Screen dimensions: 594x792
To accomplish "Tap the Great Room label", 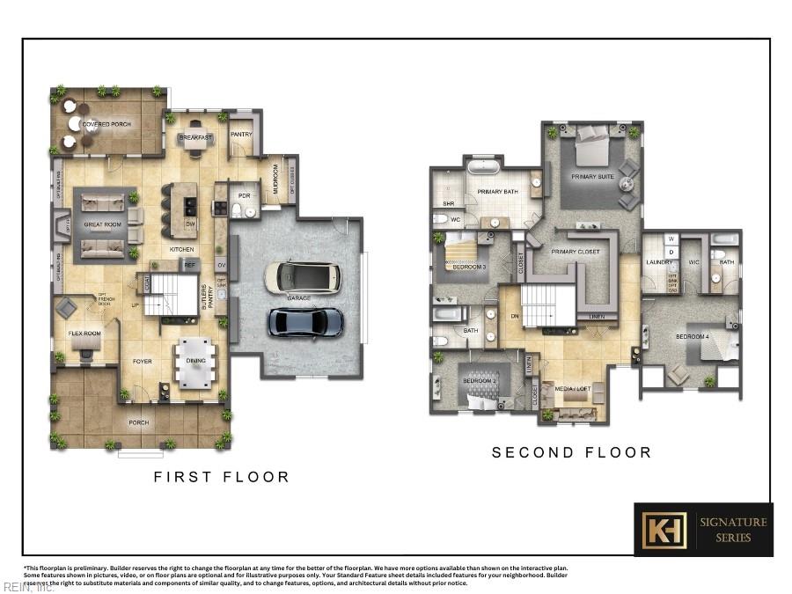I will [102, 224].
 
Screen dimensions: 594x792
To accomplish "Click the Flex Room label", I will [84, 334].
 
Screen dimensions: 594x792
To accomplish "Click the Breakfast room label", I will [195, 138].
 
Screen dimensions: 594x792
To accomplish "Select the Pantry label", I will [241, 135].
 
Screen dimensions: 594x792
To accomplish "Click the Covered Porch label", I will [106, 124].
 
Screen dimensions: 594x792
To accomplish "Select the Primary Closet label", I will [576, 253].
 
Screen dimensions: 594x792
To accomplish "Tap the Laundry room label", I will [659, 262].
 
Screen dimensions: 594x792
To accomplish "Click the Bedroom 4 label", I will [692, 337].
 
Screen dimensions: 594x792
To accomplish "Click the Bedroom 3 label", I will [470, 267].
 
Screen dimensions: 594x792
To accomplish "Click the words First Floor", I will [221, 477].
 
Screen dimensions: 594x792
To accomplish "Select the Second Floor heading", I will [571, 452].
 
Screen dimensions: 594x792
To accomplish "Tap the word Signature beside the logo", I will [732, 522].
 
